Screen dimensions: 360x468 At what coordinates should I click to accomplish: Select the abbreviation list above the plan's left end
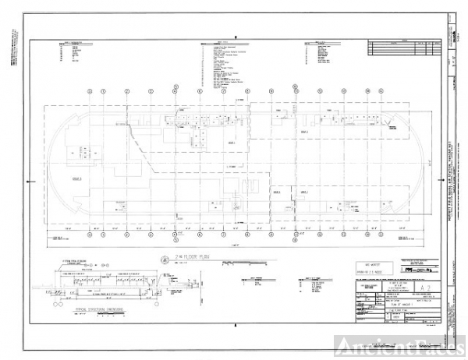(77, 55)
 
